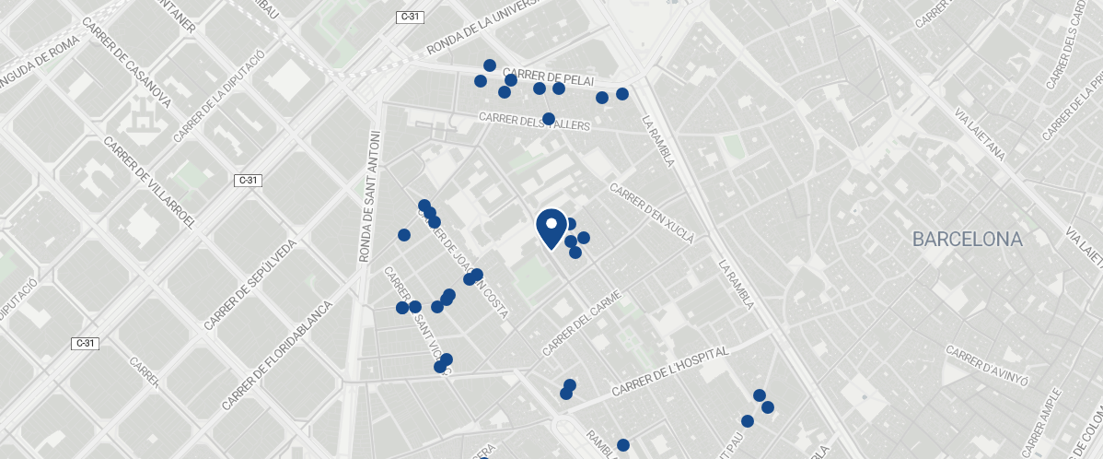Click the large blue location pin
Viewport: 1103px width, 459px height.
pyautogui.click(x=551, y=227)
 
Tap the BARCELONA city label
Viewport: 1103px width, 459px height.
pyautogui.click(x=967, y=240)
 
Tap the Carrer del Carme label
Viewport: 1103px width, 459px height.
pyautogui.click(x=583, y=324)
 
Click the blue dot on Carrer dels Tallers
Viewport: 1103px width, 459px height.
pyautogui.click(x=549, y=119)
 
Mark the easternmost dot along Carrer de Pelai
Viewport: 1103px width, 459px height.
pyautogui.click(x=622, y=94)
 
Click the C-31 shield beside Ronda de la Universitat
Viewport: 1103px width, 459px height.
pyautogui.click(x=410, y=17)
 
